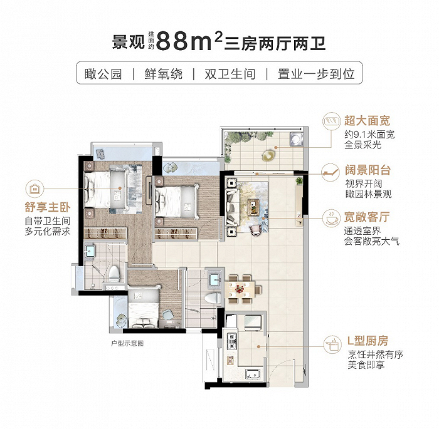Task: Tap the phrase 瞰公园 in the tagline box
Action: click(x=103, y=74)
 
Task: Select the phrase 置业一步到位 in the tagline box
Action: click(x=316, y=74)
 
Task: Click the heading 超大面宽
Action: click(x=367, y=121)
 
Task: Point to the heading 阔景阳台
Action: click(x=368, y=170)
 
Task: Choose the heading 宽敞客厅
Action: click(x=367, y=217)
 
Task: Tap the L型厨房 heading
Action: click(x=368, y=341)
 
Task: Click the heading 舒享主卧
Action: click(x=48, y=207)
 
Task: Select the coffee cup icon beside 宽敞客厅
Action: click(x=331, y=217)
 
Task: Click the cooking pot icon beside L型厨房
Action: click(x=332, y=344)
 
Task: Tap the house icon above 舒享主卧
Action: click(x=34, y=189)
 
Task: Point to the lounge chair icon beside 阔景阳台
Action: click(x=331, y=172)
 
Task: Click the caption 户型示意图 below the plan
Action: click(x=127, y=343)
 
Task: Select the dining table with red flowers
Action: click(x=240, y=289)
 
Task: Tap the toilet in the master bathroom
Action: click(x=114, y=274)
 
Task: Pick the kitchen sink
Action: click(x=253, y=374)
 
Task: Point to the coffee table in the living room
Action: click(x=253, y=207)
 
